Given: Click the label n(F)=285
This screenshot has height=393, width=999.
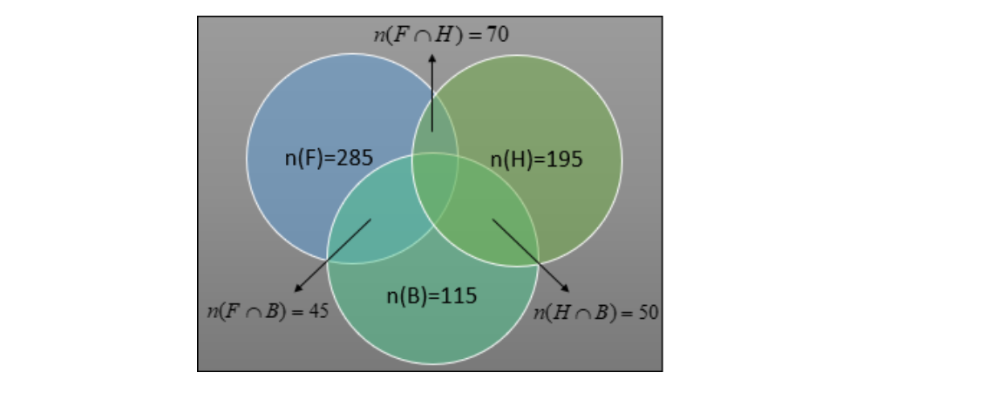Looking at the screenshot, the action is click(329, 158).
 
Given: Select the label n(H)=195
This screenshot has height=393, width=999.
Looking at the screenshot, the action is click(536, 159).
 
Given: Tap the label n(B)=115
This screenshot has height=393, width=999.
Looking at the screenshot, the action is click(432, 295).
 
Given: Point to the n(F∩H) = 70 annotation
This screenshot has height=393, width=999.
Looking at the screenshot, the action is click(441, 34).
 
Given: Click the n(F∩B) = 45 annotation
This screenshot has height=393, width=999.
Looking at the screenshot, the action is click(268, 311).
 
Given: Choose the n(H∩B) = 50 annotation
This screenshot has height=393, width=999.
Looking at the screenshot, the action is click(595, 312).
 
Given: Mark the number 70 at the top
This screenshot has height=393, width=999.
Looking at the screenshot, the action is click(498, 34).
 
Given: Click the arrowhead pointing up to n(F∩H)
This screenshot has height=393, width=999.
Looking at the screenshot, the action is click(432, 58).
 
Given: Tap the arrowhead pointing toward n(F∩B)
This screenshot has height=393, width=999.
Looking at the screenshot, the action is click(297, 288).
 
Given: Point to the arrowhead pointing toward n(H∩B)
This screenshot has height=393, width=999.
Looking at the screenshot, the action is click(565, 288).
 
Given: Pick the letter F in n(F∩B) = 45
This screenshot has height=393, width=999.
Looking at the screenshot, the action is click(233, 311).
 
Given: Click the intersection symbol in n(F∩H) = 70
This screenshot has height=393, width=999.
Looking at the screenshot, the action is click(421, 36).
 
